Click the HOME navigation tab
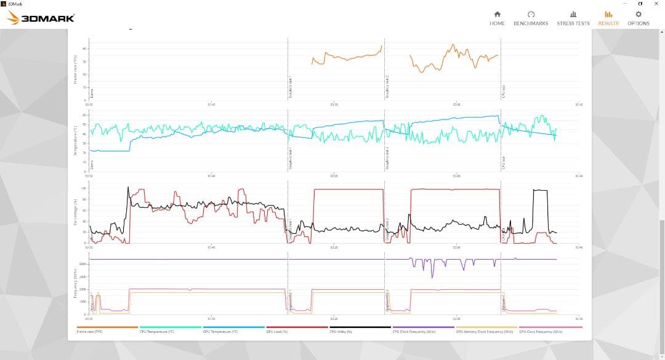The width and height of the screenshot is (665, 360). pos(497,18)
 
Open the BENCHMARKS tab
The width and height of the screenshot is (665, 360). pos(531,18)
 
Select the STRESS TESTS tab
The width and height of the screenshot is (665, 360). pos(573,18)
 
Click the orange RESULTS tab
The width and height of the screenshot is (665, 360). pos(608,18)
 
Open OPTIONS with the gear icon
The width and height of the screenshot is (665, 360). pos(638,18)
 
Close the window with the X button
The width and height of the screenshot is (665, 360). pos(656,4)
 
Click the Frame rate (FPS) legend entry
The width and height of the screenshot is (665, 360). pos(90,331)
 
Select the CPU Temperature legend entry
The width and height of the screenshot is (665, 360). pos(157,331)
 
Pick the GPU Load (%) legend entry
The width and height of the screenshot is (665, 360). pos(278,331)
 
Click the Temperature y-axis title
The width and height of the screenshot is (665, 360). pos(75,140)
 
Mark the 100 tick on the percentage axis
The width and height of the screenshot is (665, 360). pos(84,188)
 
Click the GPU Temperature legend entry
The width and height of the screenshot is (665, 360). pos(219,331)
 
